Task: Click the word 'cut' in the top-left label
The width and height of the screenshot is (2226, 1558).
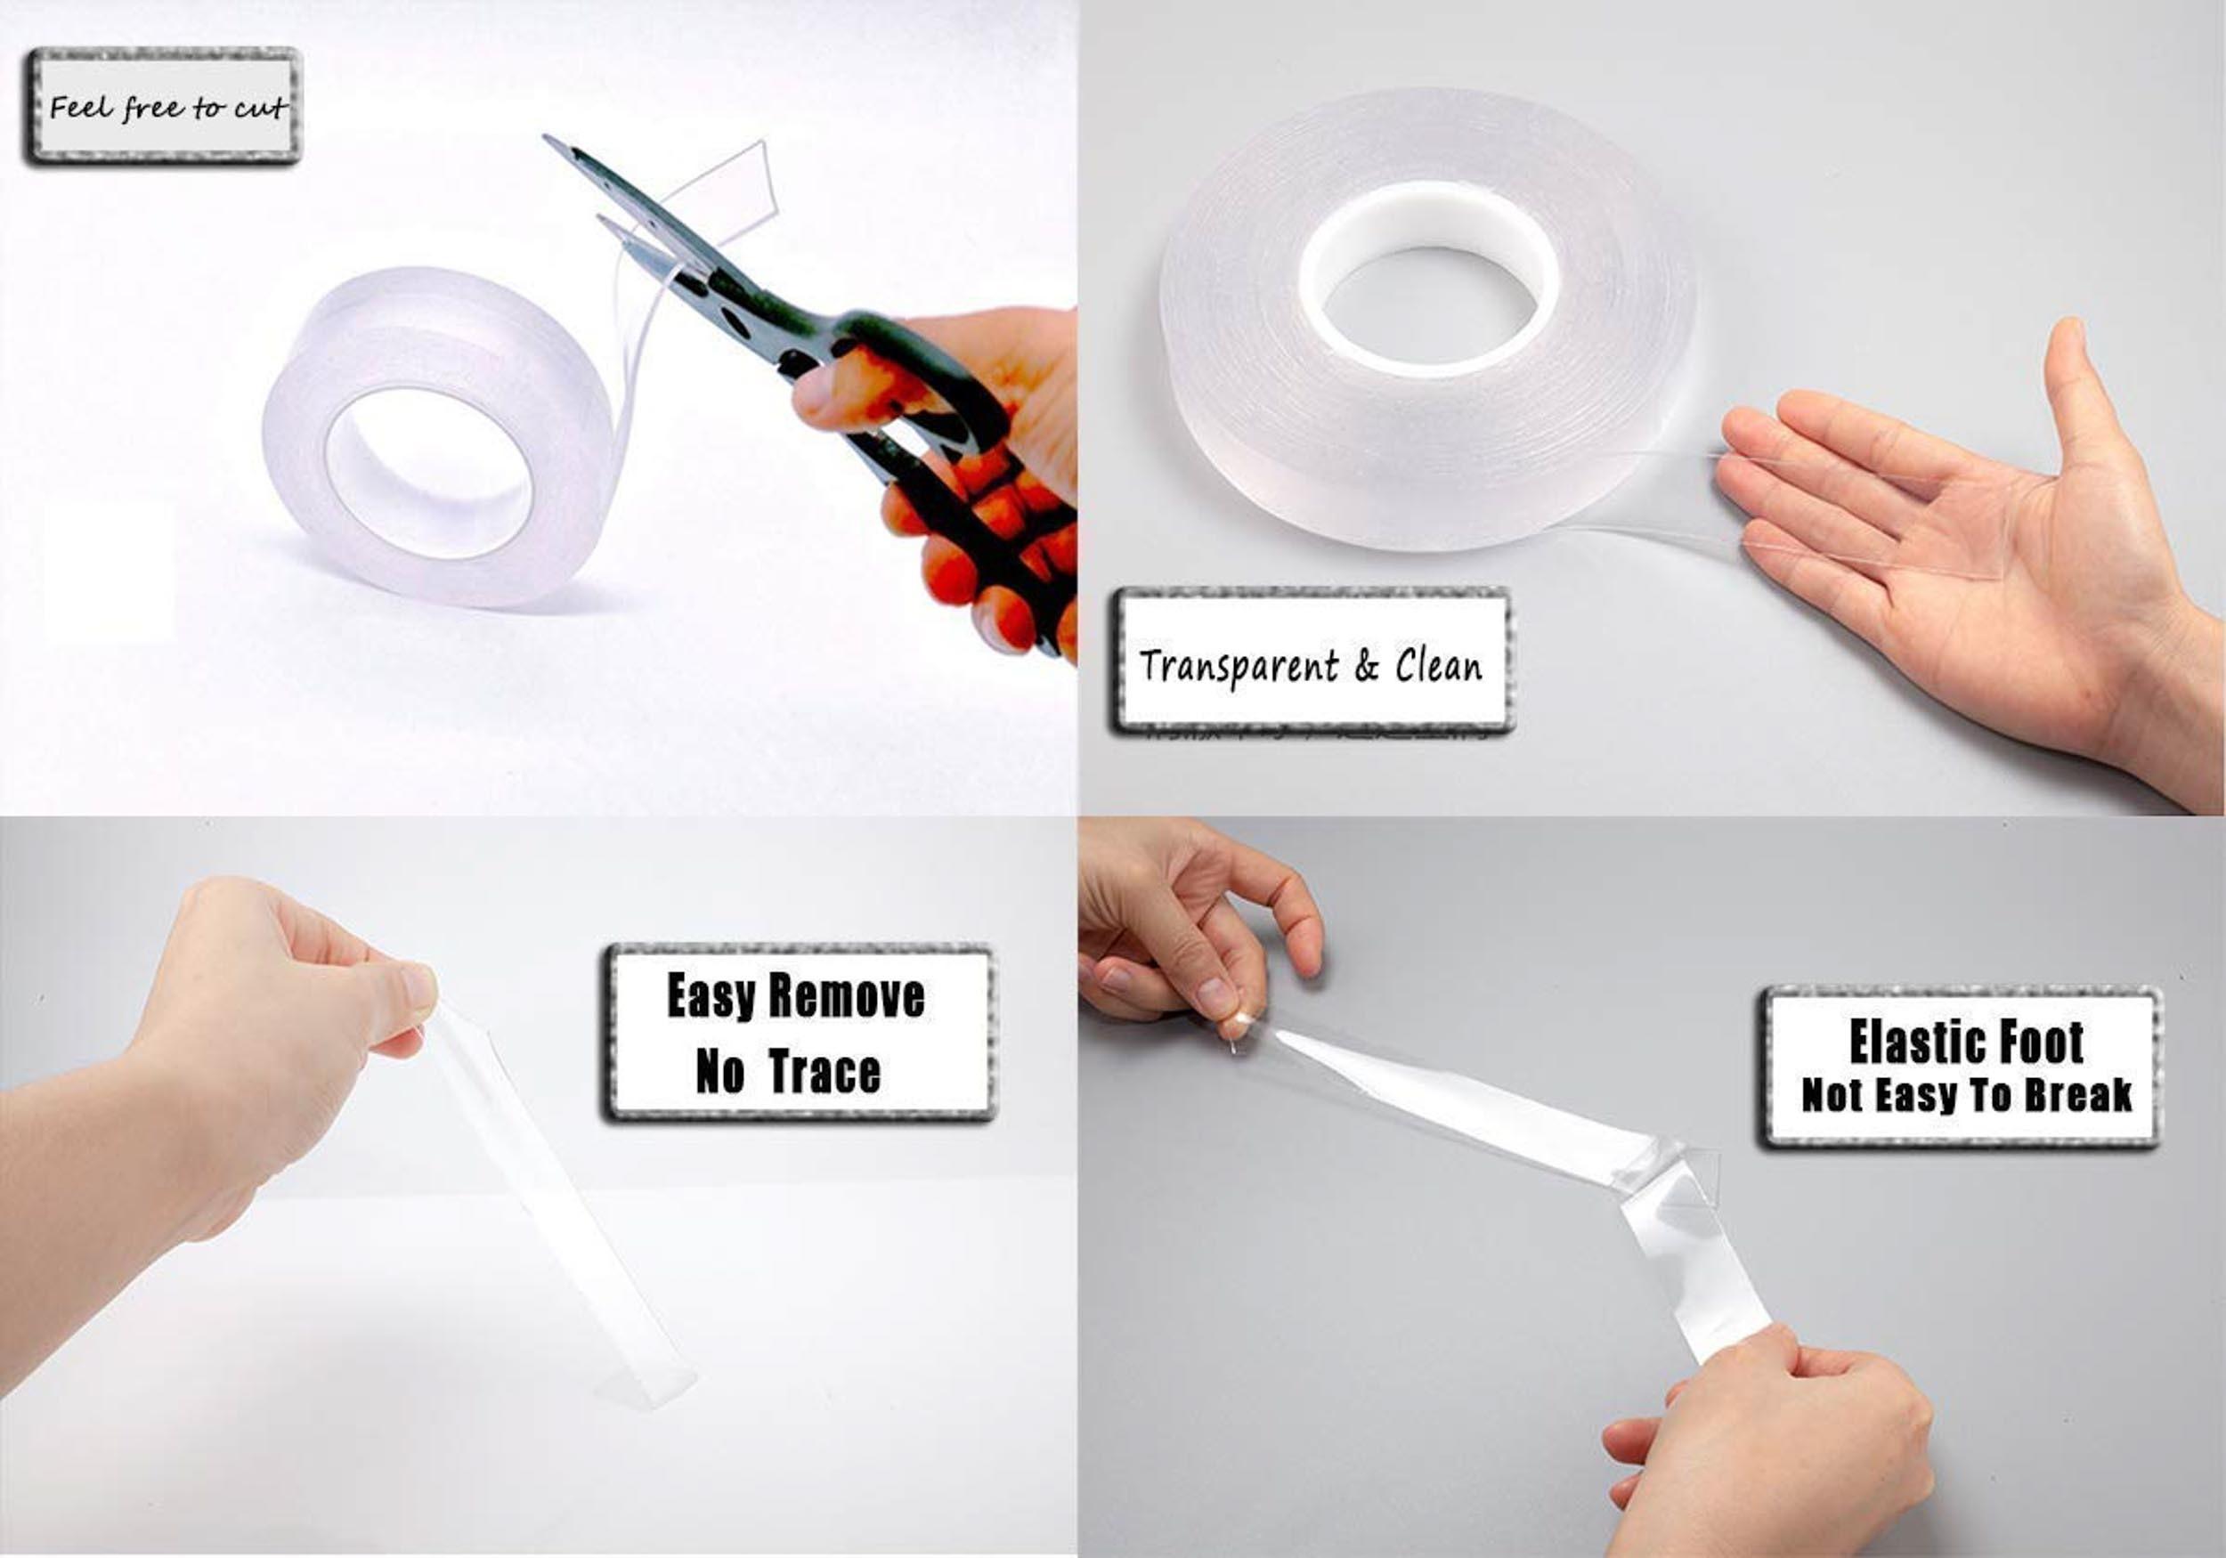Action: (x=260, y=108)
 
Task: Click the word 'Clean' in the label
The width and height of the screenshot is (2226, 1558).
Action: (x=1439, y=665)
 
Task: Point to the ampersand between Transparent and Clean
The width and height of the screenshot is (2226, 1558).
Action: (x=1367, y=666)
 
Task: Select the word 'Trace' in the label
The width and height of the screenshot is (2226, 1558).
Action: (x=825, y=1072)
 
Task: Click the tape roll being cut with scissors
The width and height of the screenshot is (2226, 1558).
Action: (x=436, y=436)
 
